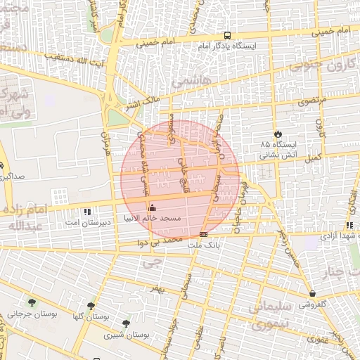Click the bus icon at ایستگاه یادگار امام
(x=226, y=34)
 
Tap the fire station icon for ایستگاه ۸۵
(x=278, y=134)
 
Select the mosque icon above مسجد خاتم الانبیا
(x=153, y=207)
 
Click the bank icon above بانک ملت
(x=204, y=234)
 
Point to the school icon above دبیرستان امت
(x=86, y=211)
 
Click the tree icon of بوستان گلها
(x=91, y=306)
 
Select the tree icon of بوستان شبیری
(x=126, y=323)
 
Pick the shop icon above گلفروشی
(x=311, y=293)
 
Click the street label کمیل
(x=313, y=159)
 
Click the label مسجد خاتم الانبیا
(x=153, y=219)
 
